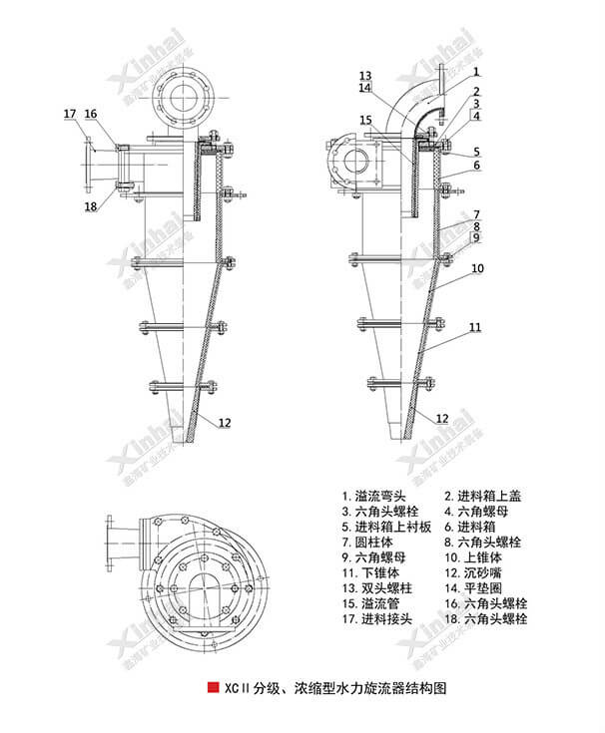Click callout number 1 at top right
tap(477, 72)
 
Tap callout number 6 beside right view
tap(477, 165)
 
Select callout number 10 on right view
tap(477, 269)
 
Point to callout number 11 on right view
tap(475, 327)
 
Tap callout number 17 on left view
tap(69, 115)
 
